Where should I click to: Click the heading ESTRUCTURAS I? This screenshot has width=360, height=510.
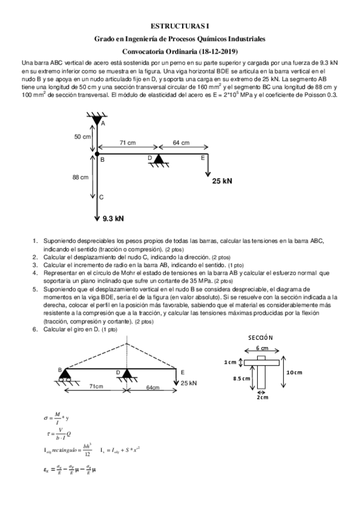pyautogui.click(x=180, y=26)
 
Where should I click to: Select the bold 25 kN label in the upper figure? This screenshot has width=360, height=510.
pyautogui.click(x=222, y=180)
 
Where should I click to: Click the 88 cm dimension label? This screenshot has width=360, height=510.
pyautogui.click(x=81, y=177)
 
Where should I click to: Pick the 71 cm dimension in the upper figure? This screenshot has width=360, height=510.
pyautogui.click(x=126, y=143)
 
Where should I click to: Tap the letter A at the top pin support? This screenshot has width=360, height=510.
pyautogui.click(x=103, y=123)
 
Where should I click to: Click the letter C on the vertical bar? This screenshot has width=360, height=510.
pyautogui.click(x=102, y=197)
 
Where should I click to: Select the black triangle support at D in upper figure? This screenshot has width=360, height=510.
pyautogui.click(x=159, y=159)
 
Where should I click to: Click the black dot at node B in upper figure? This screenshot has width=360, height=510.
pyautogui.click(x=97, y=155)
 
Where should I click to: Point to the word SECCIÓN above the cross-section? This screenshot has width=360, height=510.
pyautogui.click(x=260, y=337)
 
